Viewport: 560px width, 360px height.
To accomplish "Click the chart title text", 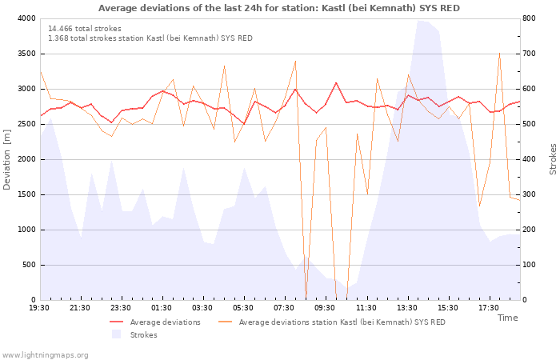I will pyautogui.click(x=279, y=8).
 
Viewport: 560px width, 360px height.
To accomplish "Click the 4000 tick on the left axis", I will pyautogui.click(x=26, y=18).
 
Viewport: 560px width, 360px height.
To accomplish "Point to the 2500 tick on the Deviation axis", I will pyautogui.click(x=26, y=124).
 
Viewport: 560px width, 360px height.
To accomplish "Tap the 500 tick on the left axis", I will pyautogui.click(x=29, y=265).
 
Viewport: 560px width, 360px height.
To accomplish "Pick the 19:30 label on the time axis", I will pyautogui.click(x=40, y=307).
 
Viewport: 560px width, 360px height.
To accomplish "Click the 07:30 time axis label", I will pyautogui.click(x=284, y=307).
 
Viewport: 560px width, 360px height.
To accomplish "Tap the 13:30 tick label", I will pyautogui.click(x=406, y=307).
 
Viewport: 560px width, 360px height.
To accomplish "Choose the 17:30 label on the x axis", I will pyautogui.click(x=488, y=307).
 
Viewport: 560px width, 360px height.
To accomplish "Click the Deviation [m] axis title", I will pyautogui.click(x=7, y=159).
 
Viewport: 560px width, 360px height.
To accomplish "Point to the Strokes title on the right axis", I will pyautogui.click(x=553, y=159).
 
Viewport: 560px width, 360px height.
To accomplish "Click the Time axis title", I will pyautogui.click(x=507, y=318).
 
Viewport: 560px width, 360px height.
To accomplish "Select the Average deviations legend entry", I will pyautogui.click(x=165, y=322).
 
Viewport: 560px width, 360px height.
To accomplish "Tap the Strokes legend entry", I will pyautogui.click(x=143, y=335).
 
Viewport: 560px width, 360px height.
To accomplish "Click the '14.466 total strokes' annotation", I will pyautogui.click(x=85, y=28).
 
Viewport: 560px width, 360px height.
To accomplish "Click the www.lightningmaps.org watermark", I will pyautogui.click(x=45, y=354).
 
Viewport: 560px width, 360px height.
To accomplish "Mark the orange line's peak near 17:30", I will pyautogui.click(x=500, y=53).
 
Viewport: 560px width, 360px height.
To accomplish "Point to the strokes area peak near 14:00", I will pyautogui.click(x=422, y=20).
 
